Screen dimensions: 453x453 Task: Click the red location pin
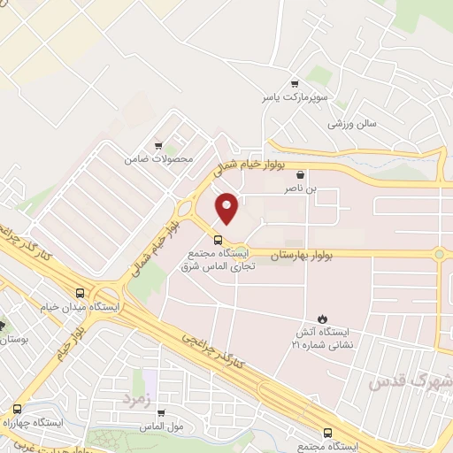(x=228, y=208)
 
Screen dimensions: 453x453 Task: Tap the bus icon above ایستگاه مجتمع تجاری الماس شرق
(x=218, y=239)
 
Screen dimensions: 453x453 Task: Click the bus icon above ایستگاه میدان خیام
(x=81, y=293)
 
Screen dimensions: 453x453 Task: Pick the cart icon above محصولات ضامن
(x=158, y=146)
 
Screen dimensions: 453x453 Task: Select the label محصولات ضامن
(x=159, y=159)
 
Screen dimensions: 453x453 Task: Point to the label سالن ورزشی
(x=352, y=123)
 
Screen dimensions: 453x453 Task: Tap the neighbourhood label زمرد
(x=138, y=399)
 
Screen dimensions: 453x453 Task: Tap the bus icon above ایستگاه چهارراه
(x=17, y=409)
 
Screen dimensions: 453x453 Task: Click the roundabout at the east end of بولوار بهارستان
(x=440, y=255)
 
